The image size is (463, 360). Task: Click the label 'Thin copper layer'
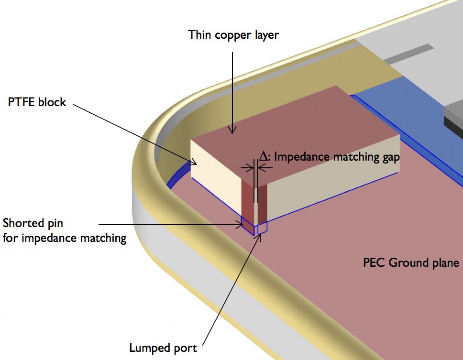[233, 35]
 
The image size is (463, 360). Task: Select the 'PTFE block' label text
[37, 102]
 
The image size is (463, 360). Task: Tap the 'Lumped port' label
[163, 348]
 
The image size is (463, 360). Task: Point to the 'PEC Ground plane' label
[411, 262]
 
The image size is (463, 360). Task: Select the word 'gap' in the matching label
[388, 156]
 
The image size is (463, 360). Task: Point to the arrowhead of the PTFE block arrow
[195, 163]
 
